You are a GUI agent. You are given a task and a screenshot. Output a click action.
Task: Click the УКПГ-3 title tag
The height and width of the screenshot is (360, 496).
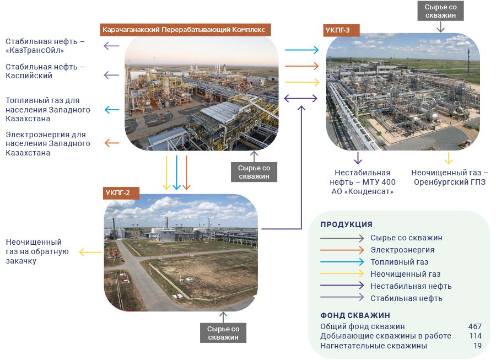pos(341,30)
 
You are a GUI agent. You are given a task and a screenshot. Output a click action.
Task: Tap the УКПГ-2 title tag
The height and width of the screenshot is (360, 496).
pos(121,193)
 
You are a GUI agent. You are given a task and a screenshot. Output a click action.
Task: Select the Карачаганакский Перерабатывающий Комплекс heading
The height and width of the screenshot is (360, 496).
pos(185,30)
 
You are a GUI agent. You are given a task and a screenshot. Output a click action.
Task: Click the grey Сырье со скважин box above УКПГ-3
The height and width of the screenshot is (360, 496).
pos(440,11)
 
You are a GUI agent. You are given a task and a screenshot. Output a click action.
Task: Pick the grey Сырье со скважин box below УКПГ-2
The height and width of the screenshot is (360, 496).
pos(223,333)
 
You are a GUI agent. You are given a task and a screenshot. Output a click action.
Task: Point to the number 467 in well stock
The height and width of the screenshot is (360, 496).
pos(475,326)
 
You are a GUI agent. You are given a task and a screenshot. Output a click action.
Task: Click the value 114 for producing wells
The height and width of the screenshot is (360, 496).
pos(475,336)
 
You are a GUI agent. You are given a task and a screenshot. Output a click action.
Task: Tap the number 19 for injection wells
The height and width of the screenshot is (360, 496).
pos(477,346)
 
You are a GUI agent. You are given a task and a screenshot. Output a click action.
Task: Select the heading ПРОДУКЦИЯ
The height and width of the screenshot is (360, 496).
pos(347,224)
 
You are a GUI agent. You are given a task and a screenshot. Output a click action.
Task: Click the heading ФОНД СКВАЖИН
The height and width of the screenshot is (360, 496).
pos(355,315)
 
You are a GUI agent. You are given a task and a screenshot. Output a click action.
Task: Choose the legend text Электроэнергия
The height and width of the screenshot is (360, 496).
pos(402,250)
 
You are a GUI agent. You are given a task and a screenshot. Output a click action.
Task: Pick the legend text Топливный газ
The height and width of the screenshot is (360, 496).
pos(399,262)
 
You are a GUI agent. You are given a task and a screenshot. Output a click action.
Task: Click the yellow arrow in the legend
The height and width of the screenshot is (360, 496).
pos(342,273)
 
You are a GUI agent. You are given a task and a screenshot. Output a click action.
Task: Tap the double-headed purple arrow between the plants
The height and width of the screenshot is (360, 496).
pos(300,98)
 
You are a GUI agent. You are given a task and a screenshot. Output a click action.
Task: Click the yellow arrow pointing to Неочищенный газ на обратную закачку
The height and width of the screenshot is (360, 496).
pos(90,252)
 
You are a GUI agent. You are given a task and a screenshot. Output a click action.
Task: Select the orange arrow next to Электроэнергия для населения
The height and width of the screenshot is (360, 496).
pos(112,143)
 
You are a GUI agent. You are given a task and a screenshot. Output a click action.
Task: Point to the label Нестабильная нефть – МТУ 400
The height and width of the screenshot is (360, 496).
pos(363,178)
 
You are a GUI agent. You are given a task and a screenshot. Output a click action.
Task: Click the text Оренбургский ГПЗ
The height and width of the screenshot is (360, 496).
pos(450,182)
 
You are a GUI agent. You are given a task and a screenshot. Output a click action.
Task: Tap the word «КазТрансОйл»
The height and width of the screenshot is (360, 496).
pos(35,51)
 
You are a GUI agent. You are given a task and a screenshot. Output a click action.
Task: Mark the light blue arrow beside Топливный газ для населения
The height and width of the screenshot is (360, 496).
pos(112,110)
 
